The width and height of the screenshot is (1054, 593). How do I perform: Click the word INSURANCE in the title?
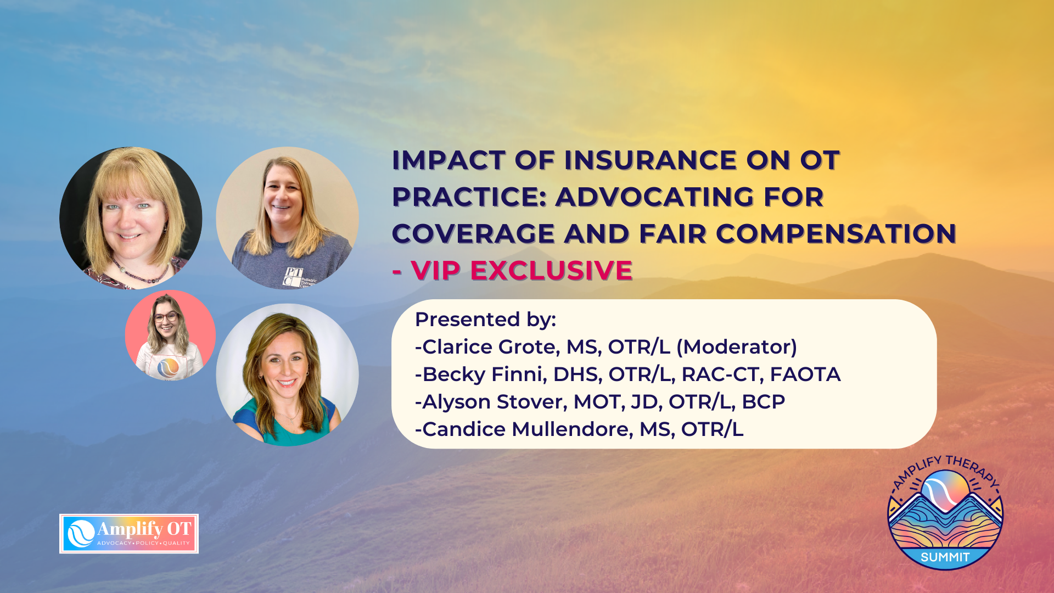pyautogui.click(x=651, y=160)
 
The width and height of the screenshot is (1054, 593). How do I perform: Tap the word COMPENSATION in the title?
pyautogui.click(x=836, y=234)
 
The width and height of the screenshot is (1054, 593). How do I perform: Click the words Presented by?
pyautogui.click(x=485, y=320)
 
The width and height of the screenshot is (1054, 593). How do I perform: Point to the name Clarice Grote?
pyautogui.click(x=491, y=347)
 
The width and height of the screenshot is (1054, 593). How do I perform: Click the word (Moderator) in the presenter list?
pyautogui.click(x=737, y=347)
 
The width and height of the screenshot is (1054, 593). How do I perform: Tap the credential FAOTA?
pyautogui.click(x=805, y=374)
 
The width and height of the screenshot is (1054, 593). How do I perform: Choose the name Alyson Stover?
pyautogui.click(x=494, y=402)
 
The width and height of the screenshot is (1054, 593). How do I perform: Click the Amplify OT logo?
pyautogui.click(x=129, y=534)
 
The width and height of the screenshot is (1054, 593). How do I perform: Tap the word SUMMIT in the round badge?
pyautogui.click(x=945, y=557)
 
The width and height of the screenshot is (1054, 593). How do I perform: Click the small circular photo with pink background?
pyautogui.click(x=170, y=335)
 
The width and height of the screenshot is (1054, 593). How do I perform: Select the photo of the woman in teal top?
pyautogui.click(x=287, y=375)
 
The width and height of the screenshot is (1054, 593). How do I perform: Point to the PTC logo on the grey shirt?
pyautogui.click(x=293, y=277)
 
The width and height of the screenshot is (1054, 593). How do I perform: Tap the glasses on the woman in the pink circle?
pyautogui.click(x=166, y=317)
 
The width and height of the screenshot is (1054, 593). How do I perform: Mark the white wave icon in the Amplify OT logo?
pyautogui.click(x=81, y=534)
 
